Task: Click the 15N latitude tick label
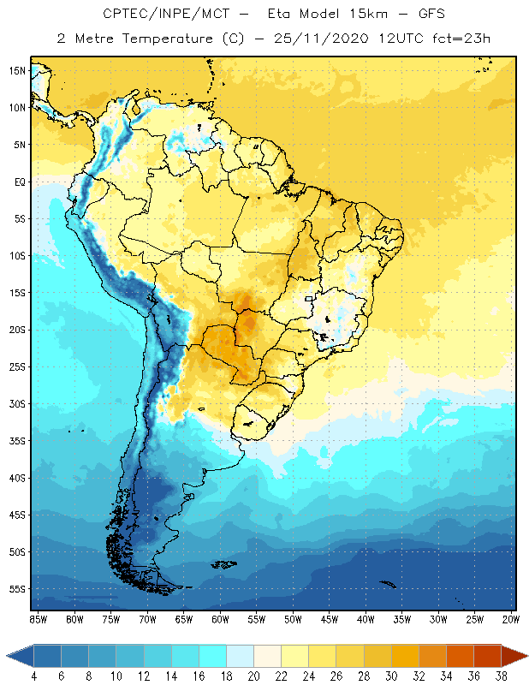click(x=17, y=70)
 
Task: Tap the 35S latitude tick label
click(x=17, y=441)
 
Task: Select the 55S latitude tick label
click(x=17, y=589)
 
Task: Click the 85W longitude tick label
click(x=38, y=619)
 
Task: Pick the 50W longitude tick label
click(x=293, y=619)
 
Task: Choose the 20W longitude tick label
click(x=511, y=619)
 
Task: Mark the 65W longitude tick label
click(x=183, y=619)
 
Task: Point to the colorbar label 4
click(x=34, y=676)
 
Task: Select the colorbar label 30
click(x=391, y=676)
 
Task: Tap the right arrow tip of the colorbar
click(x=526, y=656)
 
